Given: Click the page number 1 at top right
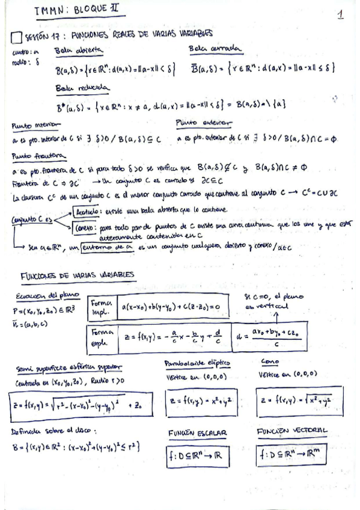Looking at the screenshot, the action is pyautogui.click(x=341, y=14).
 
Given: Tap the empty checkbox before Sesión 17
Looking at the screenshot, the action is pyautogui.click(x=16, y=38).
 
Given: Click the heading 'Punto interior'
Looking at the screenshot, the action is pyautogui.click(x=35, y=125).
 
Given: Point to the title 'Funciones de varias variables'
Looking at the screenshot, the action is pyautogui.click(x=78, y=275).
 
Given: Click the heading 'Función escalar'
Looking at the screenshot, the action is pyautogui.click(x=197, y=432).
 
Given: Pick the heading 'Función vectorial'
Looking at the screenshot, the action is pyautogui.click(x=291, y=431).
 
